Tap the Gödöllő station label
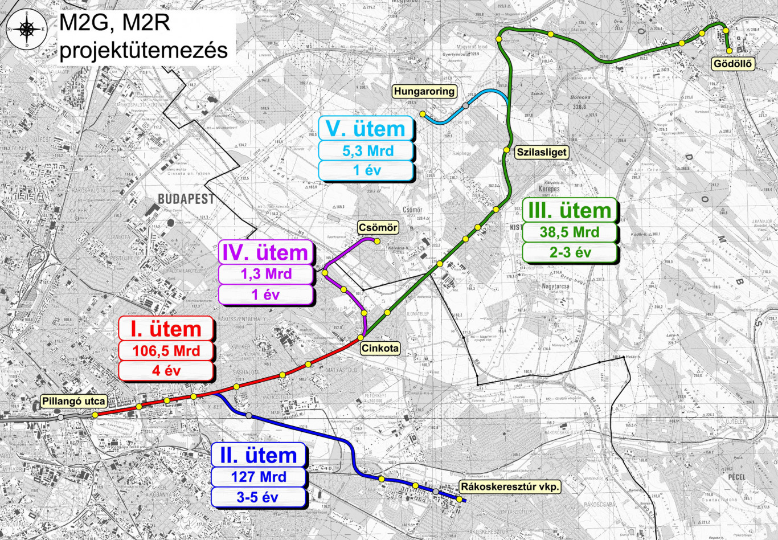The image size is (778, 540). pos(733,64)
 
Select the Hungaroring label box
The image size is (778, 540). pos(424,91)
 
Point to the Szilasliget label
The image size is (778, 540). pos(542,152)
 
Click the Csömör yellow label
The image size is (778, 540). pos(378,227)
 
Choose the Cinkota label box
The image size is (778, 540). pos(380,348)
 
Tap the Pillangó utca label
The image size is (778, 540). pos(74,401)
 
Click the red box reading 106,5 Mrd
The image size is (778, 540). pos(166,350)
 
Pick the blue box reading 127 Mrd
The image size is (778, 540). pos(259,477)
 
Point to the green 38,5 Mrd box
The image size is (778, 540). pos(570,232)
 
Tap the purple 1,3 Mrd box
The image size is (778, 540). pos(266,274)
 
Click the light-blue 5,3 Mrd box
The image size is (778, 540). pos(367,151)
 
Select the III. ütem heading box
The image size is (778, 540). pos(570,210)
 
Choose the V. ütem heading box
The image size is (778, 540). pos(366,129)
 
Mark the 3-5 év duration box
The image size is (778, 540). pos(258,497)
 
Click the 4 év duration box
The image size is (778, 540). pos(166,371)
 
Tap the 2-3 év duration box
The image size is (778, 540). pos(570,252)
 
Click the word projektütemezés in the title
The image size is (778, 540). pos(144,50)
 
